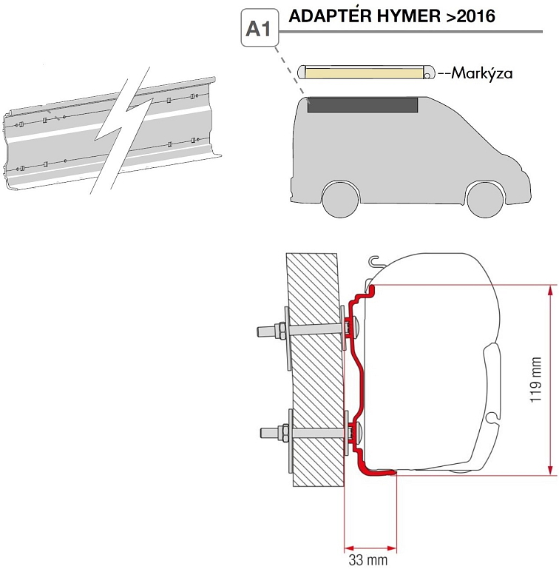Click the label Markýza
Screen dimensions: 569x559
[x=481, y=73]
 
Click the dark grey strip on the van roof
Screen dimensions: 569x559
[x=362, y=105]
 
